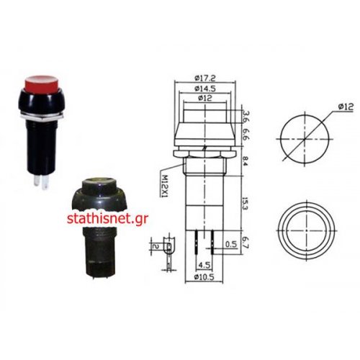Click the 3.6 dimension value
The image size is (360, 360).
pyautogui.click(x=246, y=117)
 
